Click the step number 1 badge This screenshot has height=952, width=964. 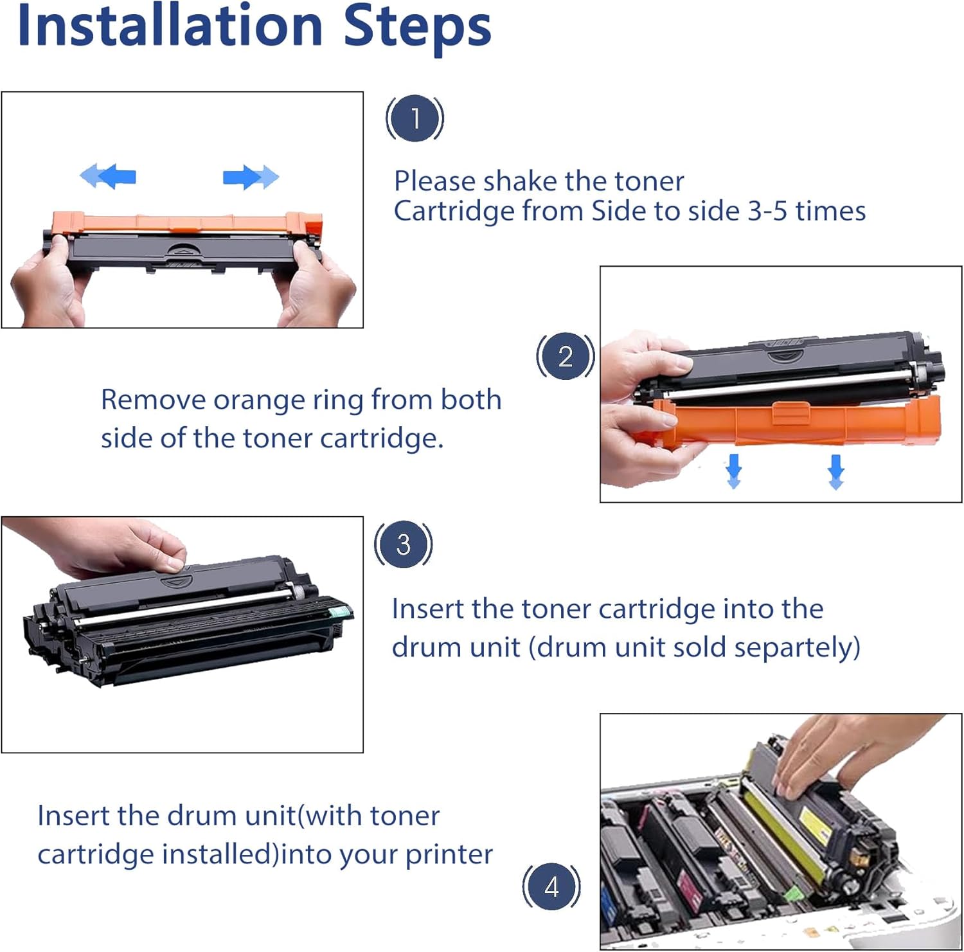pos(415,118)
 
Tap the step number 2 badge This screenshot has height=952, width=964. pos(566,356)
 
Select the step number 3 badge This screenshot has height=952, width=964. pos(403,544)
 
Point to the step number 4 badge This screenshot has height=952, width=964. pos(551,887)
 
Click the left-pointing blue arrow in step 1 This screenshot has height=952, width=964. pos(108,175)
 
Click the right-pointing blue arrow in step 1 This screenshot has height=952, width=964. pos(251,177)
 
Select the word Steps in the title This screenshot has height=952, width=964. pos(418,29)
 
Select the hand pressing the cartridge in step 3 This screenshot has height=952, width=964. pos(103,546)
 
